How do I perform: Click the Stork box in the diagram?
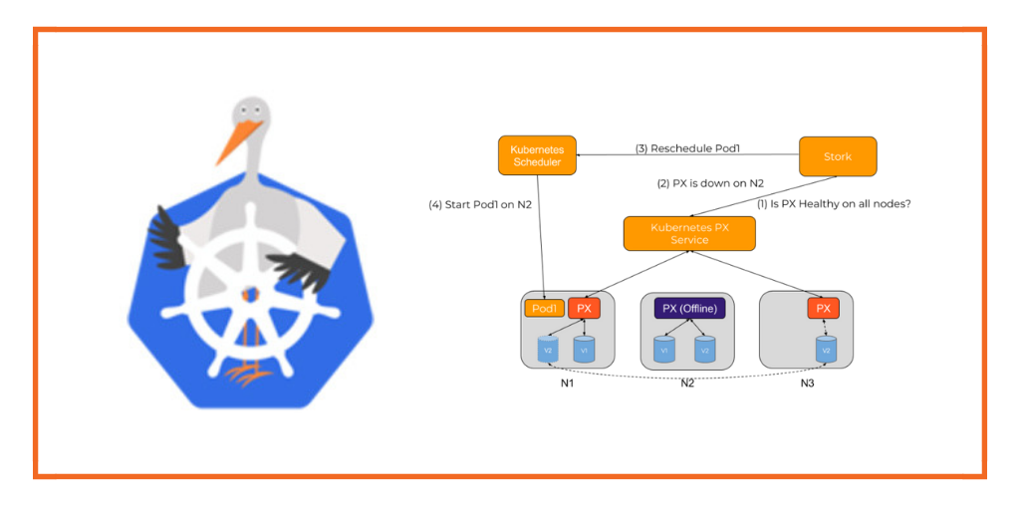[x=838, y=156]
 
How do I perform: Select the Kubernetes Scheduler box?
[x=537, y=155]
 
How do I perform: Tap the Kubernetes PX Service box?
[x=688, y=234]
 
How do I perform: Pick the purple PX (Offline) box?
[x=688, y=309]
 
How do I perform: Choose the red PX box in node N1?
[x=584, y=309]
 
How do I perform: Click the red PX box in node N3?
[x=823, y=309]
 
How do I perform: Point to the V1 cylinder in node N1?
[x=584, y=350]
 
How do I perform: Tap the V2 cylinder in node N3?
[x=825, y=350]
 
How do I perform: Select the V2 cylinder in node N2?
[x=704, y=350]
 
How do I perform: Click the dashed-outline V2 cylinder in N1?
[x=547, y=350]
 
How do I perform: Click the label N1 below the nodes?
[x=567, y=383]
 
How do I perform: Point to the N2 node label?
[x=687, y=383]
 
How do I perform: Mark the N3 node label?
[x=807, y=383]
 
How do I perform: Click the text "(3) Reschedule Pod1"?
[x=687, y=149]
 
